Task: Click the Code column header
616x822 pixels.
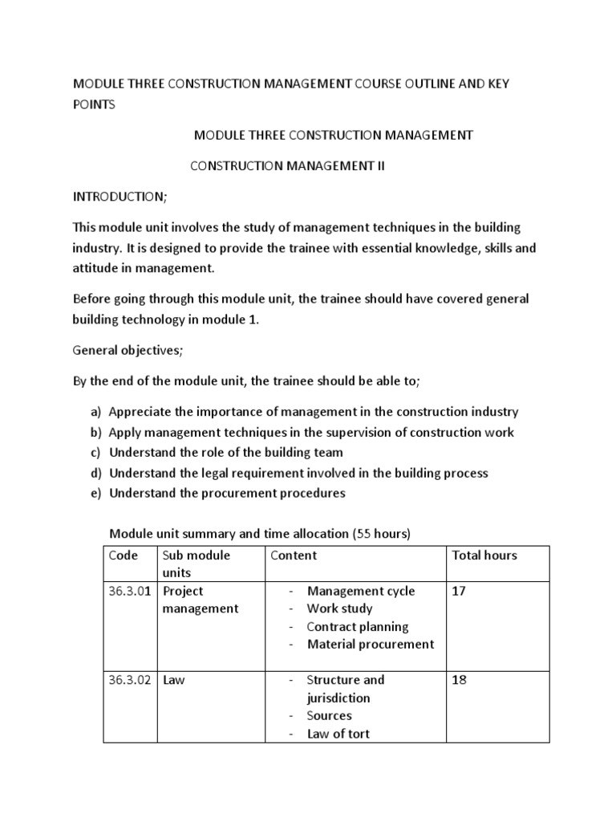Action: (x=123, y=555)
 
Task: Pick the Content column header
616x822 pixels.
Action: (x=294, y=555)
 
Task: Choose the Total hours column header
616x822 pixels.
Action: (x=484, y=555)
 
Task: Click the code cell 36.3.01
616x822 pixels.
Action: (x=132, y=591)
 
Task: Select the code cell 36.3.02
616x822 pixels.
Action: (x=132, y=680)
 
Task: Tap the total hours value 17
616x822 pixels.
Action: (x=460, y=591)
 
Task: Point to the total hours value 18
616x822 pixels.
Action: (x=460, y=680)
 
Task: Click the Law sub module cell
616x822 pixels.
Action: (x=174, y=680)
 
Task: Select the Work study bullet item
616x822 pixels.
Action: (x=339, y=608)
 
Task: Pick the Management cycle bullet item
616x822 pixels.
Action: (x=361, y=591)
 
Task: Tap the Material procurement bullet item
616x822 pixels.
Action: (x=370, y=644)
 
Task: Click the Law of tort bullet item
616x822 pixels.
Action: (x=338, y=734)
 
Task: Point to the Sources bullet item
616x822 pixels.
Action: (x=329, y=715)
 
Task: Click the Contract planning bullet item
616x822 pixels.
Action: (x=357, y=626)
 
